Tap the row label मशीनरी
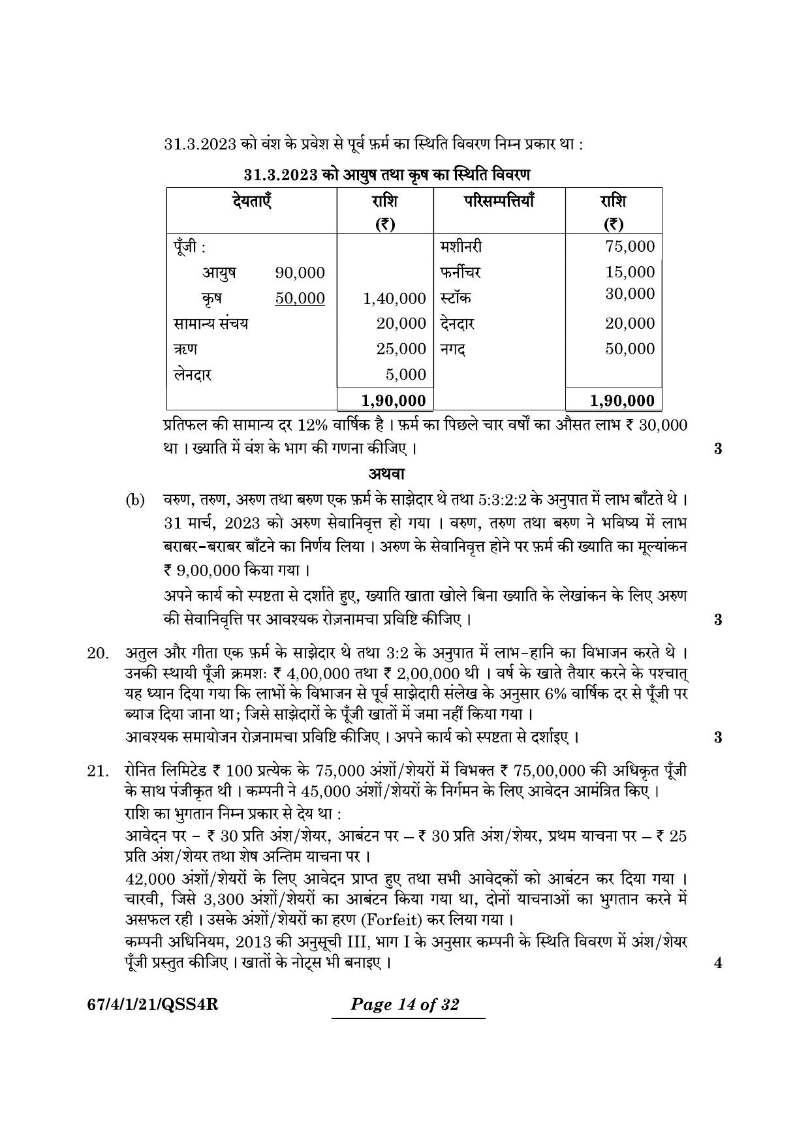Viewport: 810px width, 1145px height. point(461,247)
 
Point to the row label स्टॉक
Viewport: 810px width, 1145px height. point(456,298)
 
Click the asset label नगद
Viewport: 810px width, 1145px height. point(453,349)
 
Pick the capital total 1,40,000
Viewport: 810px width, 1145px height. point(394,299)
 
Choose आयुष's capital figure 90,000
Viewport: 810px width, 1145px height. point(300,273)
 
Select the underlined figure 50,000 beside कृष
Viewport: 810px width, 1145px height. point(300,298)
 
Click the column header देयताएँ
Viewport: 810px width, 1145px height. point(251,200)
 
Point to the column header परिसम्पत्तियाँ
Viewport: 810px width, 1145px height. point(499,200)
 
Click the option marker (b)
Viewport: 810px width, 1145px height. point(134,501)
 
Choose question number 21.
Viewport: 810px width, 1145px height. point(97,771)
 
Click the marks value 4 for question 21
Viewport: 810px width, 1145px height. point(718,963)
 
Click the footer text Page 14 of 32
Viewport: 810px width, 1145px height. point(405,1004)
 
